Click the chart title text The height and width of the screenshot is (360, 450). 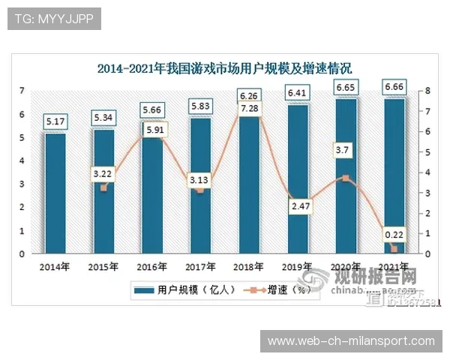pyautogui.click(x=225, y=68)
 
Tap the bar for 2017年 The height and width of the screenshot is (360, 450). pyautogui.click(x=199, y=202)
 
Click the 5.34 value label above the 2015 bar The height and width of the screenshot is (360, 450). pyautogui.click(x=103, y=118)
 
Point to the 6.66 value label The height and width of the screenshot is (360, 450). pyautogui.click(x=394, y=88)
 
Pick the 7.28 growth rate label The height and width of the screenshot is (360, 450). pyautogui.click(x=248, y=110)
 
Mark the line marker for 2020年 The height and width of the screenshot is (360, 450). pyautogui.click(x=345, y=178)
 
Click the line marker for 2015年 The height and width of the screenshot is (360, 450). pyautogui.click(x=103, y=187)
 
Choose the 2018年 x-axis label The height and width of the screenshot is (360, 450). pyautogui.click(x=247, y=266)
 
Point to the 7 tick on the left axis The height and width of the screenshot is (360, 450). pyautogui.click(x=22, y=91)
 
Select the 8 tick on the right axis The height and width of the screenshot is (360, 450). pyautogui.click(x=426, y=91)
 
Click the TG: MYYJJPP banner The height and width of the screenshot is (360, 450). pyautogui.click(x=53, y=19)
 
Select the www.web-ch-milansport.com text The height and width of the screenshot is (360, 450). pyautogui.click(x=351, y=341)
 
